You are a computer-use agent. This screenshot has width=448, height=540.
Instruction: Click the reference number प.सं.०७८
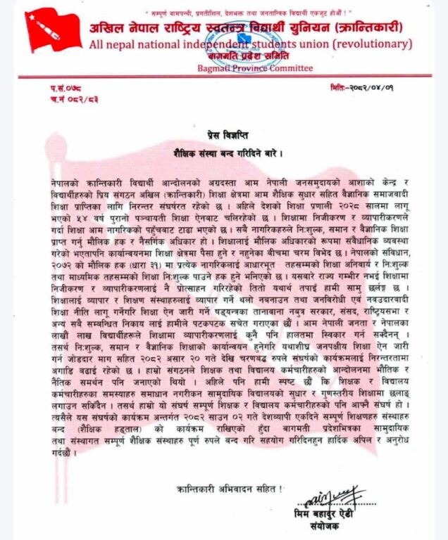66,87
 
